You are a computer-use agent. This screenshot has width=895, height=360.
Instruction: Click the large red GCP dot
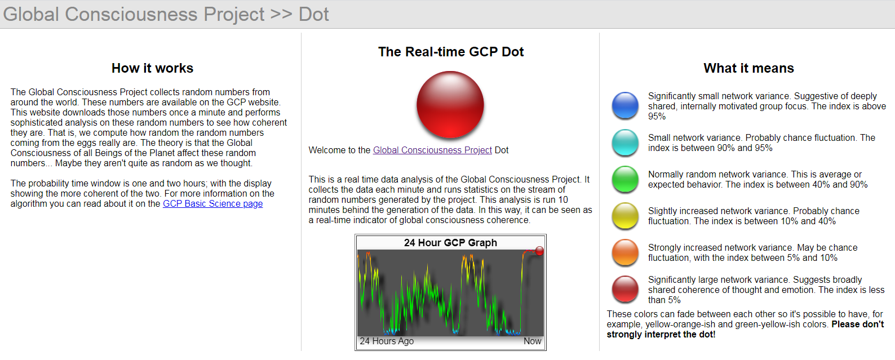point(450,104)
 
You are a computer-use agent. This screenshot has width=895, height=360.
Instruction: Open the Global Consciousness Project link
point(432,150)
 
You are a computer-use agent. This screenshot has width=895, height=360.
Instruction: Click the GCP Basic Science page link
point(212,204)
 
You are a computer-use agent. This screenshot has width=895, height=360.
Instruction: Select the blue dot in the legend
point(625,106)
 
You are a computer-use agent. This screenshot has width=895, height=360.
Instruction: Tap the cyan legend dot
point(625,143)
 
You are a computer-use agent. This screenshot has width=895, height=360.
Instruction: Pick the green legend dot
point(625,180)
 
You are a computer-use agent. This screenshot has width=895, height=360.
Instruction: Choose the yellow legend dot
point(625,216)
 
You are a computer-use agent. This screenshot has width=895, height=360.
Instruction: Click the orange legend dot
point(625,252)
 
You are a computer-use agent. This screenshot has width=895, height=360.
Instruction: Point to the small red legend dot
point(625,289)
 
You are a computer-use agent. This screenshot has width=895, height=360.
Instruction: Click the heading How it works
point(152,68)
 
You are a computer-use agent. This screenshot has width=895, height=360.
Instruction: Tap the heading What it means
point(748,68)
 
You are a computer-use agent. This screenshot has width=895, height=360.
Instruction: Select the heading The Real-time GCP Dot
point(451,52)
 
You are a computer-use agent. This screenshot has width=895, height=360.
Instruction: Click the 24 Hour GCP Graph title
point(450,243)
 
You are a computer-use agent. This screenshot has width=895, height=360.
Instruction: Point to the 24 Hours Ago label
point(387,341)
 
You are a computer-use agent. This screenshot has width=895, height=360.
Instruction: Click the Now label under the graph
point(532,341)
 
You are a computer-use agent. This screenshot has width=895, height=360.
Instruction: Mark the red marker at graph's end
point(539,251)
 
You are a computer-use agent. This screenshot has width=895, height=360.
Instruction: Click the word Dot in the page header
point(313,14)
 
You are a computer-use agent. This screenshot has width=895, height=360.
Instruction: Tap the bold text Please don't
point(857,325)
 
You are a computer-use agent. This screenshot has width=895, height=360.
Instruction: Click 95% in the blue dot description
point(657,117)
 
